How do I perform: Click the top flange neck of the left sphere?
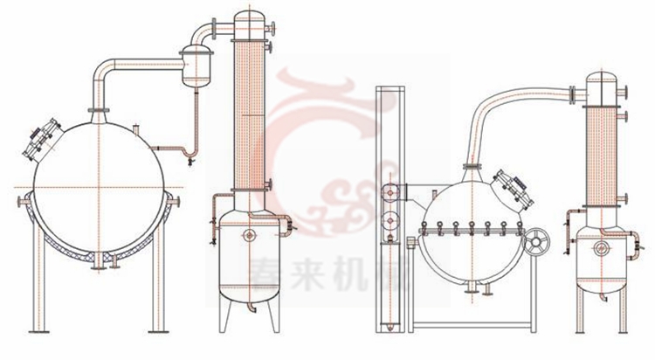99,109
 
